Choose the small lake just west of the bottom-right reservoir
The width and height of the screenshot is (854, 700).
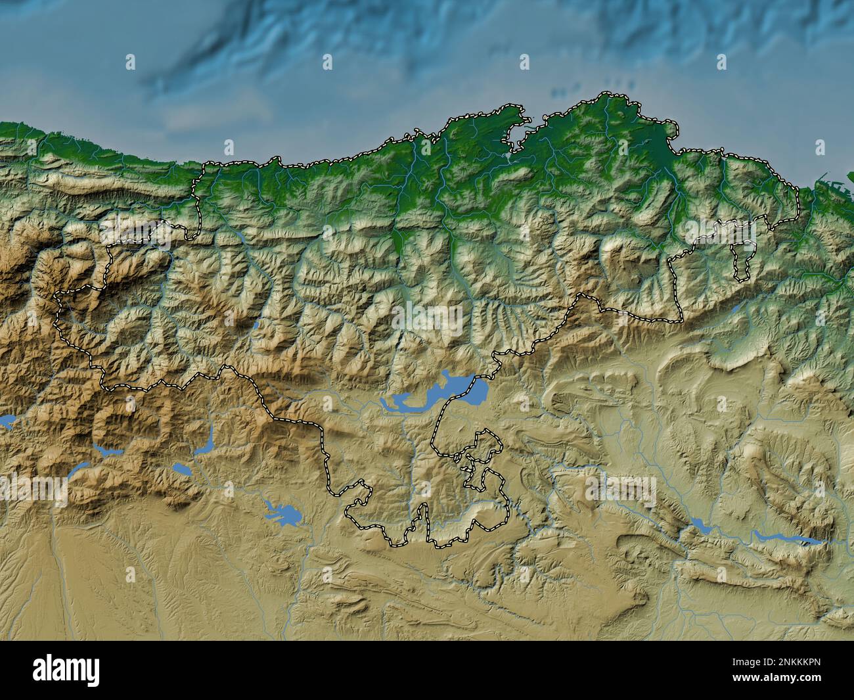[699, 525]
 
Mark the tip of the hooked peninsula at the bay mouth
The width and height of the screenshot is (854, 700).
[526, 120]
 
